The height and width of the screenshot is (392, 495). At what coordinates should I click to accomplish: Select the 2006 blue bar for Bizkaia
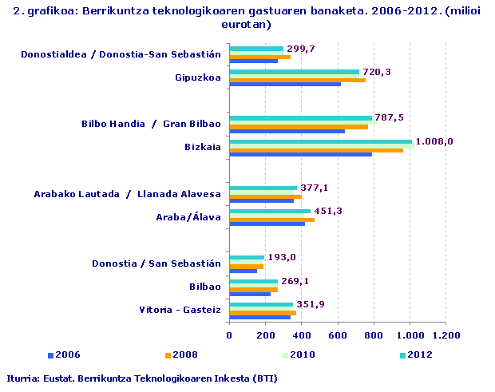pos(300,154)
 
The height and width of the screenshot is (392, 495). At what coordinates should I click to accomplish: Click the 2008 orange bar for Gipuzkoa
pos(297,80)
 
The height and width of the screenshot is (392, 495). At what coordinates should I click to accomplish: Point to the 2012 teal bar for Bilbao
pos(253,281)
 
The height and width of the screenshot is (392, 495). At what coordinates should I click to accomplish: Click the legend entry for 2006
pos(64,354)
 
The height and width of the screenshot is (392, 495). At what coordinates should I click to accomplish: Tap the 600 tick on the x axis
pos(338,335)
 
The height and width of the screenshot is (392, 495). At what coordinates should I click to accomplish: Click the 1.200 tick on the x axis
pos(445,335)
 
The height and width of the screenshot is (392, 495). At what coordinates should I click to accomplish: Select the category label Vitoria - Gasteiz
pos(180,309)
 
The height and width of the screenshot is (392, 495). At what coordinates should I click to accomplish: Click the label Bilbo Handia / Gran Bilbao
pos(151,124)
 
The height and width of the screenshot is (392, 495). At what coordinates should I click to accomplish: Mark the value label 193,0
pos(281,257)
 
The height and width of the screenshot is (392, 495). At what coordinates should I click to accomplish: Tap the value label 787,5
pos(389,117)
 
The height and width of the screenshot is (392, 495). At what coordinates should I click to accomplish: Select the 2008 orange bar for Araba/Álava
pos(271,219)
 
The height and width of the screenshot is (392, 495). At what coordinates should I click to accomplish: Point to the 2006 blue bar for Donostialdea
pos(253,61)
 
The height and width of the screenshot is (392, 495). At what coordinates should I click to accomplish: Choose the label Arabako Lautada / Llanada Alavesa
pos(127,194)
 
